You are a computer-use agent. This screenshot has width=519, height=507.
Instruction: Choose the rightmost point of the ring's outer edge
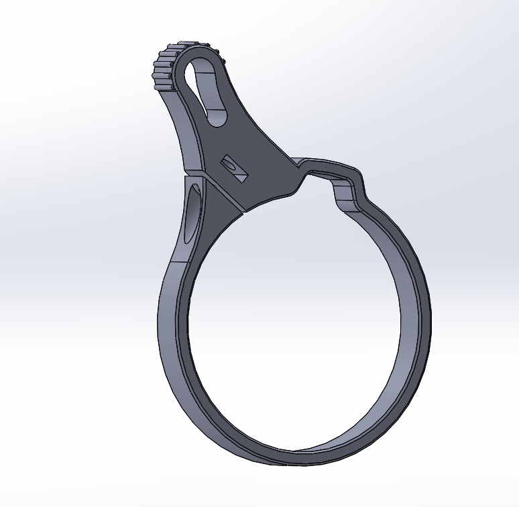pos(429,329)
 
